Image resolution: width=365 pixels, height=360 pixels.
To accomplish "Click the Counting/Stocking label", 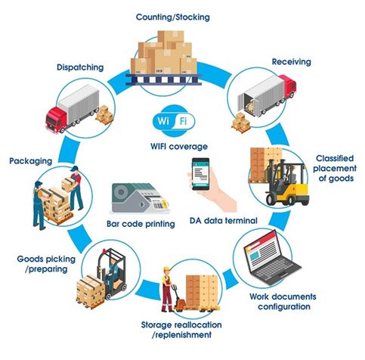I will pyautogui.click(x=172, y=16).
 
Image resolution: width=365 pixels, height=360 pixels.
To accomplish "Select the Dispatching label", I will pyautogui.click(x=79, y=67).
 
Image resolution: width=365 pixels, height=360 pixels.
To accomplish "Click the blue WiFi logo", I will pyautogui.click(x=173, y=122).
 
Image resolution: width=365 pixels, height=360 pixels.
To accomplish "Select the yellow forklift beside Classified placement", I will pyautogui.click(x=288, y=182).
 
